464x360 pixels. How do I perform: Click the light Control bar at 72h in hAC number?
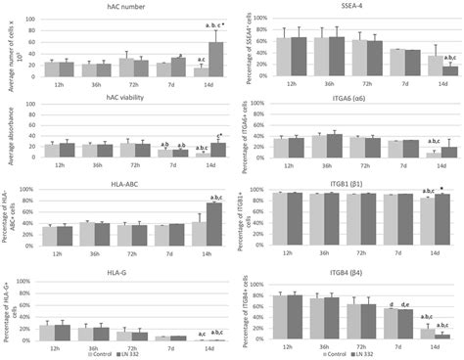pos(125,67)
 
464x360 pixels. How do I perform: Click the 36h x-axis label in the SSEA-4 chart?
pos(336,85)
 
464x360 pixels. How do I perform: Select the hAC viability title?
pos(120,101)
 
